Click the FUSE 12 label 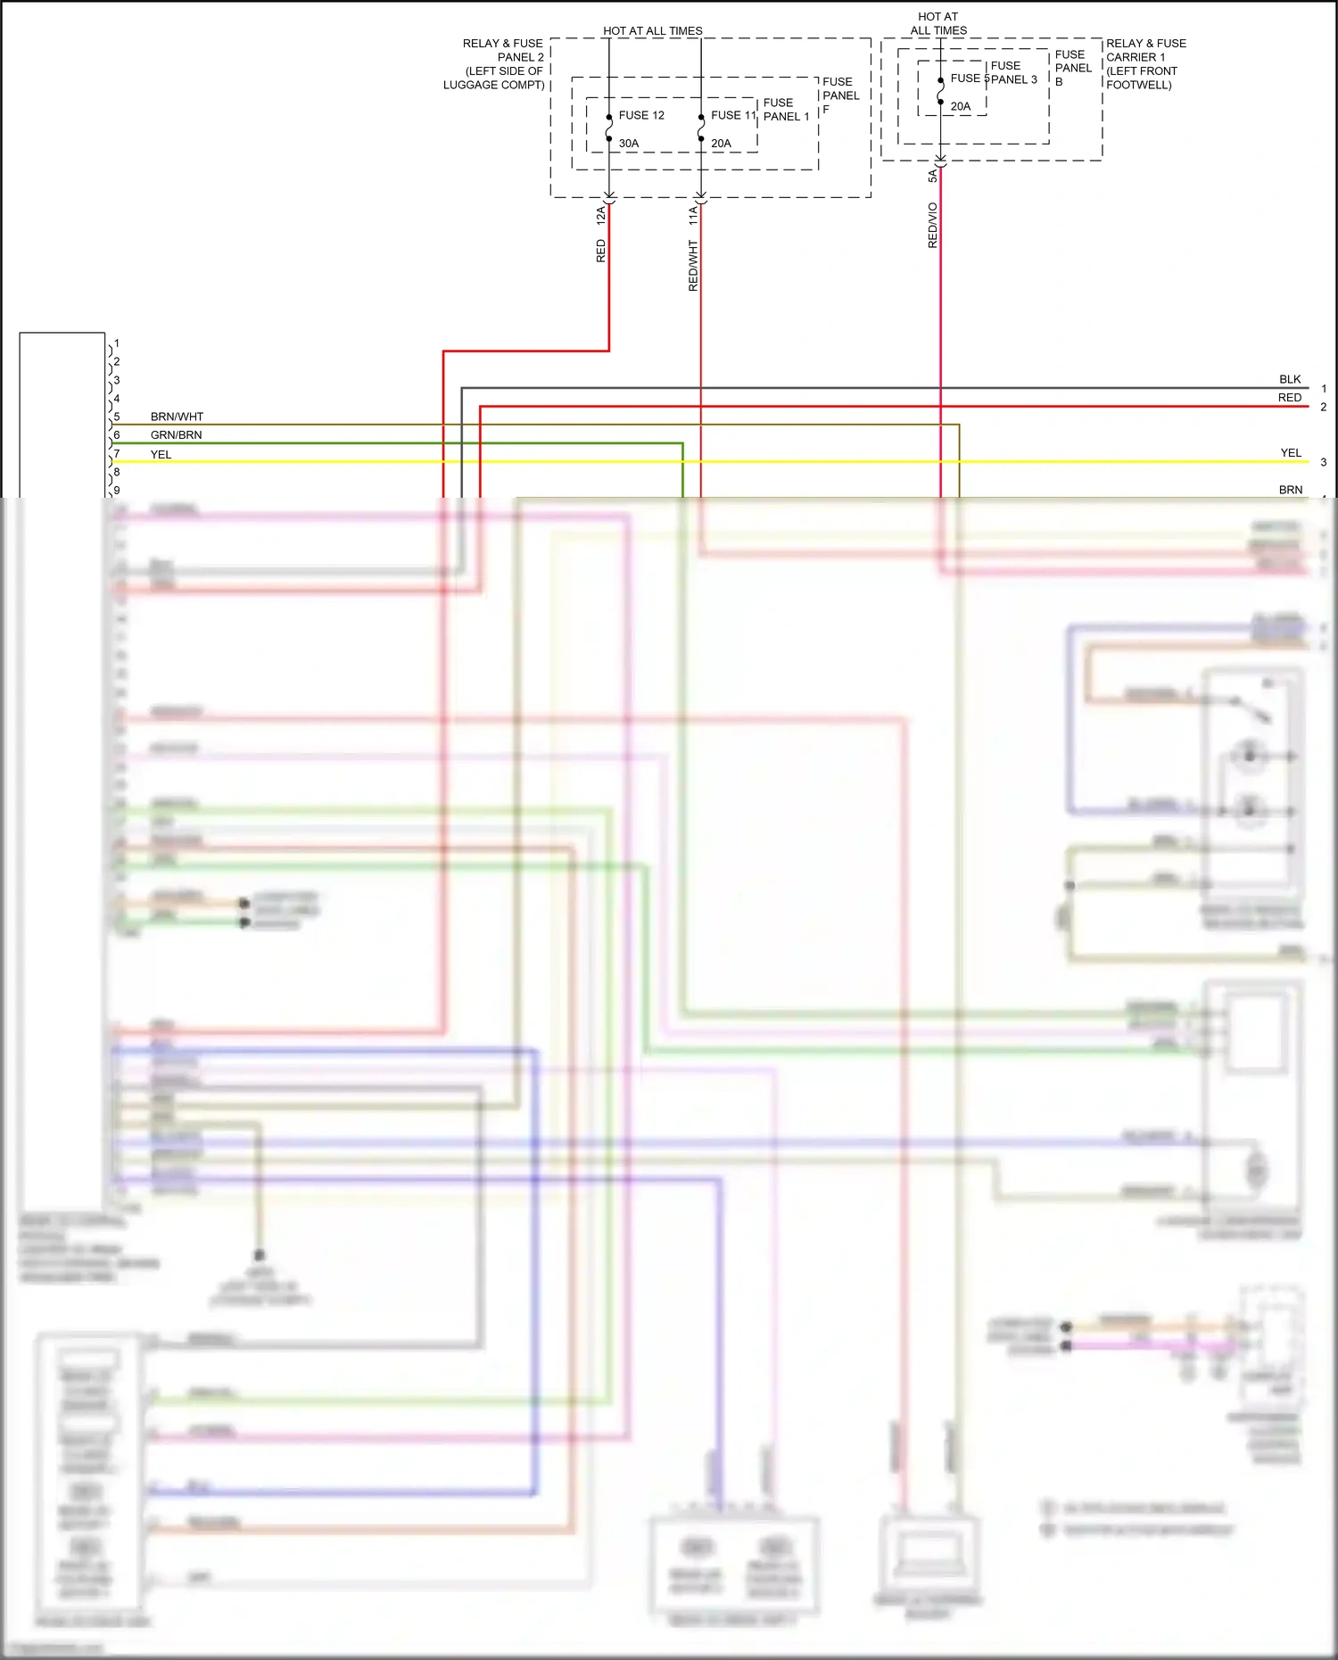pyautogui.click(x=641, y=115)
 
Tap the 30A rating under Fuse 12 pyautogui.click(x=629, y=143)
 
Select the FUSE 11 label pyautogui.click(x=733, y=115)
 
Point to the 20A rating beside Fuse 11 pyautogui.click(x=721, y=143)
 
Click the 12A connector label pyautogui.click(x=600, y=214)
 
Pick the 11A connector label pyautogui.click(x=692, y=214)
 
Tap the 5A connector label pyautogui.click(x=932, y=176)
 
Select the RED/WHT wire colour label pyautogui.click(x=693, y=265)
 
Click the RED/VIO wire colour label pyautogui.click(x=932, y=225)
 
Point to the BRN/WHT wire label pyautogui.click(x=177, y=417)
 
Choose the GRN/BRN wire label pyautogui.click(x=176, y=435)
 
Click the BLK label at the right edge pyautogui.click(x=1290, y=379)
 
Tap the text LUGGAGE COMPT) pyautogui.click(x=494, y=85)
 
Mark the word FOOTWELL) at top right pyautogui.click(x=1139, y=85)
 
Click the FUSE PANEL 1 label pyautogui.click(x=786, y=110)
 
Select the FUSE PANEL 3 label pyautogui.click(x=1013, y=72)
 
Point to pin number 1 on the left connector pyautogui.click(x=117, y=343)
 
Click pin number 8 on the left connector pyautogui.click(x=117, y=472)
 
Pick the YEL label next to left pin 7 pyautogui.click(x=161, y=454)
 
